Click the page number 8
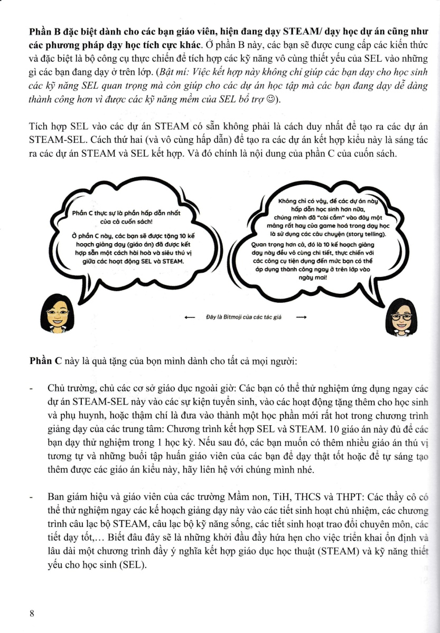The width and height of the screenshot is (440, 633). click(x=32, y=613)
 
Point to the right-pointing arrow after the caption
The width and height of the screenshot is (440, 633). click(x=302, y=318)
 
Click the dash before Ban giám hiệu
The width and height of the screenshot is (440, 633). click(x=32, y=497)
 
